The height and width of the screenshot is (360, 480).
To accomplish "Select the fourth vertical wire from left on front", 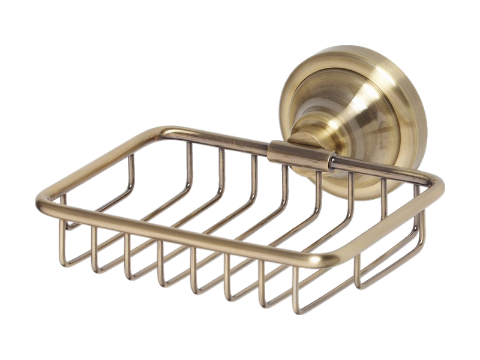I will point(160,264).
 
